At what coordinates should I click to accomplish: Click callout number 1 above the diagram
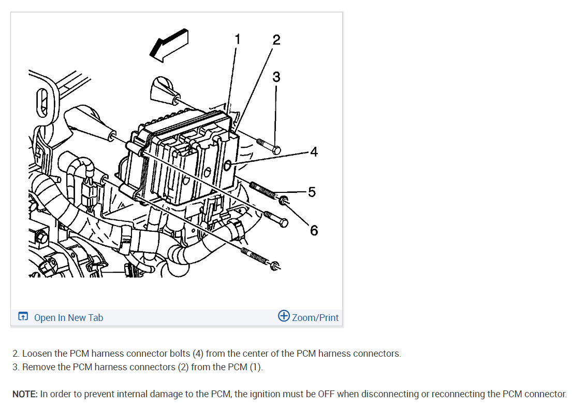coord(238,39)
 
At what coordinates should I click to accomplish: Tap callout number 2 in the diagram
coord(276,40)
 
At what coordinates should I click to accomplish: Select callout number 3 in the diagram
coord(276,77)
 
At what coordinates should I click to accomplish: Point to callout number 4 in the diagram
coord(314,151)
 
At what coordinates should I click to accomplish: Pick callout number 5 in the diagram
coord(312,192)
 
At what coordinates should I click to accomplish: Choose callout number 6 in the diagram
coord(314,231)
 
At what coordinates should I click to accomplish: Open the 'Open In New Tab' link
coord(68,317)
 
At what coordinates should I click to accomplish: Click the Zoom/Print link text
coord(315,317)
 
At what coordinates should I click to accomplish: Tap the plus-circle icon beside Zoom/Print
coord(284,316)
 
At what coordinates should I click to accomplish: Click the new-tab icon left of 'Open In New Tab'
coord(23,316)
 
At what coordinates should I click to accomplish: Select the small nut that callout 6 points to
coord(284,200)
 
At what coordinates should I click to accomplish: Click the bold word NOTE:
coord(25,394)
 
